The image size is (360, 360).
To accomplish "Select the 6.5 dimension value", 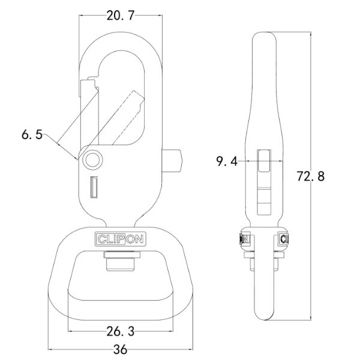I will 31,134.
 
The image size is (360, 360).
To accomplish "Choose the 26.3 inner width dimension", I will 121,330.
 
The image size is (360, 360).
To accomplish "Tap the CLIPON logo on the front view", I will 121,239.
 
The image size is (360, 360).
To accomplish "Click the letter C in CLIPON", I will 100,239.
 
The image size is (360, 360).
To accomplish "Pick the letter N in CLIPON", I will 141,239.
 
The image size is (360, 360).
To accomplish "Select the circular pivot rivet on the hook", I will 92,159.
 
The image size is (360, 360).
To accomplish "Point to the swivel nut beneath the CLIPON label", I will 121,262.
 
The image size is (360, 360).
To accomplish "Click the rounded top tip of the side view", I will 264,37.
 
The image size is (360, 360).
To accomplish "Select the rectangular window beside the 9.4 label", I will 264,162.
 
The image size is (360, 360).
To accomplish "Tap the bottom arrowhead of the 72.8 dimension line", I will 311,320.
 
